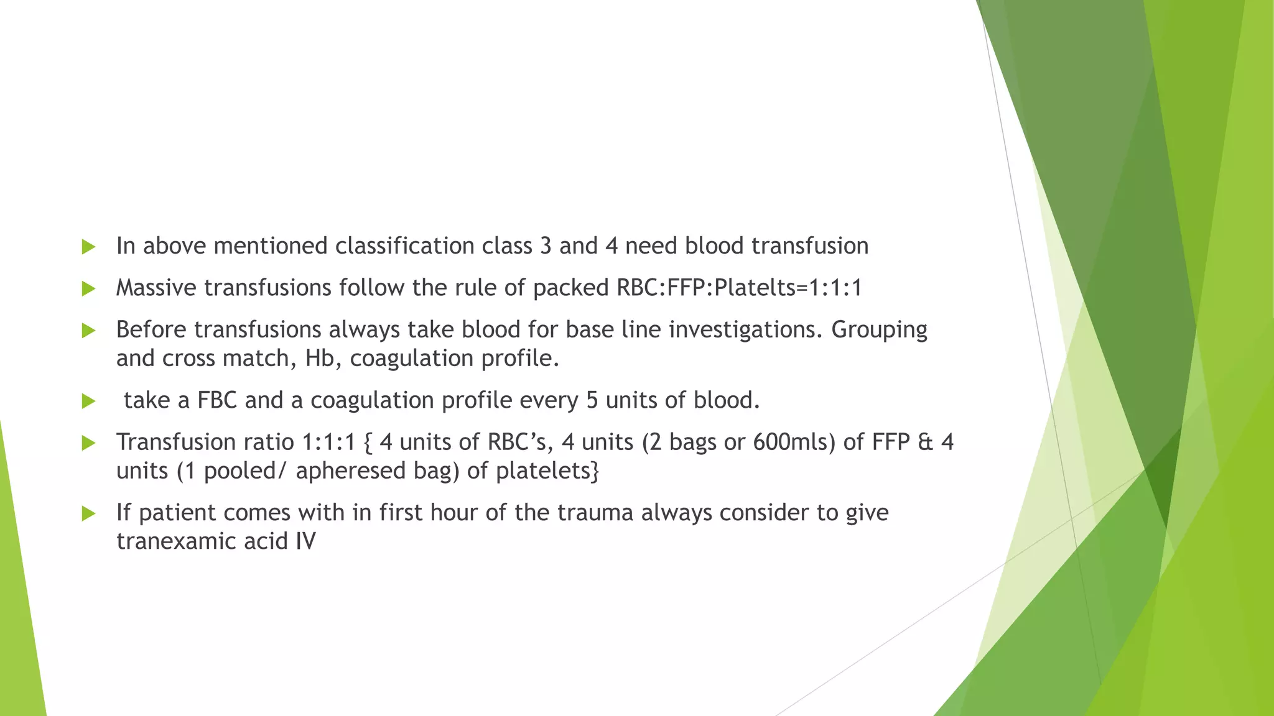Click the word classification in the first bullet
(405, 246)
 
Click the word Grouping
(879, 330)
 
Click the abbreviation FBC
(217, 400)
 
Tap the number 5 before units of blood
(592, 400)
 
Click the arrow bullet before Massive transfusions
(88, 288)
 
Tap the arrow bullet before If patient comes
(88, 513)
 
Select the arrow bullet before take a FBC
(88, 401)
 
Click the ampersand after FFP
(926, 442)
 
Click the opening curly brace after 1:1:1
(367, 443)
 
